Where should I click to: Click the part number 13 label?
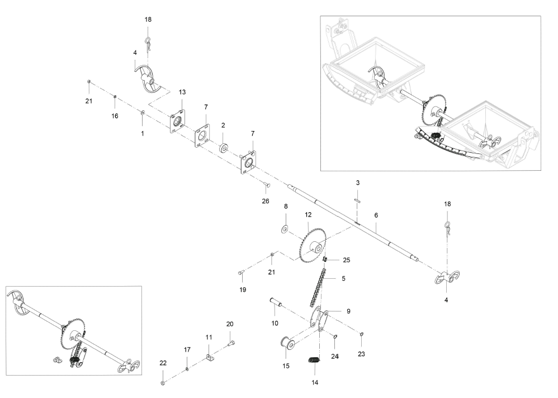click(x=182, y=92)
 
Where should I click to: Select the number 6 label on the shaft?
click(x=376, y=215)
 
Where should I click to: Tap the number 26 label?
click(x=265, y=201)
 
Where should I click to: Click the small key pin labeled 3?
click(x=358, y=195)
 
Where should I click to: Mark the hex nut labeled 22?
click(x=162, y=383)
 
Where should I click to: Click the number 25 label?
click(x=347, y=260)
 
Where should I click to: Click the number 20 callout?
click(x=230, y=324)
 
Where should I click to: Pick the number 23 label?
click(x=361, y=354)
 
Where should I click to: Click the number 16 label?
click(x=115, y=116)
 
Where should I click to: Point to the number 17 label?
click(x=187, y=350)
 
